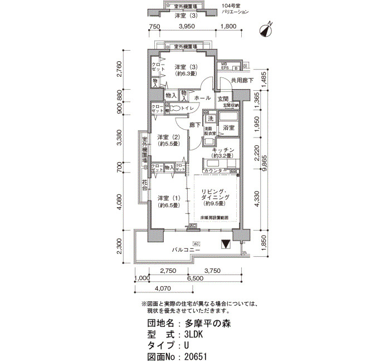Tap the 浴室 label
click(228, 128)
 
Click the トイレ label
click(187, 108)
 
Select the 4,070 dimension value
click(162, 288)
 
